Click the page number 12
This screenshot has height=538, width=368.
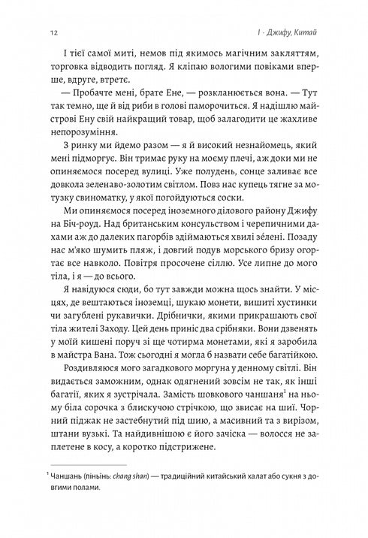click(50, 32)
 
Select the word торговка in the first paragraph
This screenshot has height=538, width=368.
click(70, 76)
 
